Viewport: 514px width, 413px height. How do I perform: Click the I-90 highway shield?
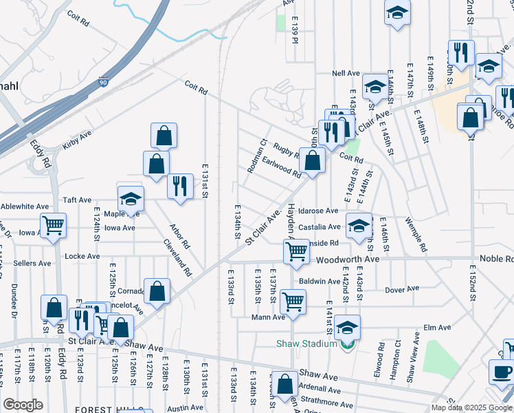point(103,82)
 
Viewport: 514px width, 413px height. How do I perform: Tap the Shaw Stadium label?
point(306,343)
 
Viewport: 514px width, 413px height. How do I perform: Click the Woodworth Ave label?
point(347,260)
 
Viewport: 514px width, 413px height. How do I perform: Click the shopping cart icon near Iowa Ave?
point(53,224)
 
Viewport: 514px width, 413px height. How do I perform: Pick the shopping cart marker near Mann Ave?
point(293,301)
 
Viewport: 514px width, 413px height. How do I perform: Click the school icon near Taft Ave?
point(131,200)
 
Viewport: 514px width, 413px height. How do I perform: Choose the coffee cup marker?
point(501,371)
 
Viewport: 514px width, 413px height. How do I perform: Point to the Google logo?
point(23,405)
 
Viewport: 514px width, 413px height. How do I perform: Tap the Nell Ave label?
point(346,73)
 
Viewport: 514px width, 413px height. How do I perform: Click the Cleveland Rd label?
point(177,257)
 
